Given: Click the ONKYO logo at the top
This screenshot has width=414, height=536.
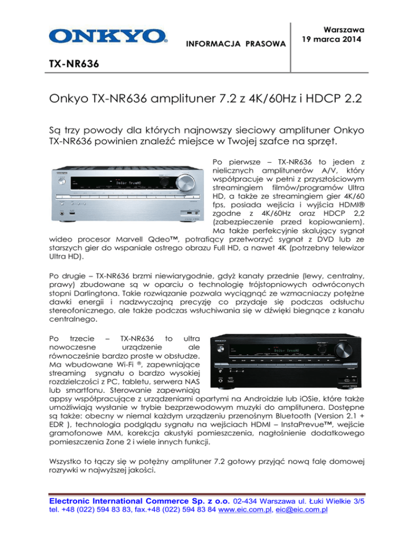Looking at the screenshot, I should click(x=107, y=36).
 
